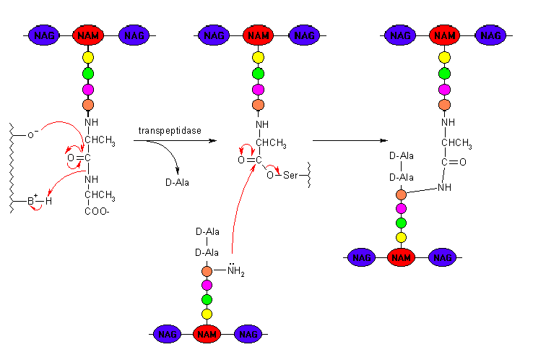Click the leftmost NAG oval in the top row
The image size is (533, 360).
tap(43, 35)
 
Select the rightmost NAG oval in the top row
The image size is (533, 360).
tap(490, 35)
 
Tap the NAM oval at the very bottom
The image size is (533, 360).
tap(207, 334)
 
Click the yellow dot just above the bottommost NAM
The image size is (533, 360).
tap(207, 314)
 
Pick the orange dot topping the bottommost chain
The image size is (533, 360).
tap(207, 271)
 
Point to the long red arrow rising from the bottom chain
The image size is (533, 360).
tap(238, 210)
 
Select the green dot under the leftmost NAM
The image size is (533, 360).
tap(88, 73)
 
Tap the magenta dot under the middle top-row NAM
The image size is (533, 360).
tap(258, 90)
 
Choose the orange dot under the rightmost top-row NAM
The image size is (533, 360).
tap(444, 105)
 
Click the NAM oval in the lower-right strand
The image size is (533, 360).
tap(401, 257)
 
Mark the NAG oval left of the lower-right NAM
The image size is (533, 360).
tap(361, 257)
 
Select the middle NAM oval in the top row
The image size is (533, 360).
tap(258, 35)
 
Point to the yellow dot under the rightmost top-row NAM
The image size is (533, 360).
tap(444, 57)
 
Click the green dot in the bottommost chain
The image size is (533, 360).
tap(207, 299)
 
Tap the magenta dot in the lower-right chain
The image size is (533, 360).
tap(401, 208)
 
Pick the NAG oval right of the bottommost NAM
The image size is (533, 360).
tap(248, 334)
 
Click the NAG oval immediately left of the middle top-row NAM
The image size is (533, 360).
tap(214, 35)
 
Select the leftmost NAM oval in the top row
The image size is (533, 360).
tap(88, 35)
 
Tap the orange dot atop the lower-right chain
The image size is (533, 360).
tap(401, 194)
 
